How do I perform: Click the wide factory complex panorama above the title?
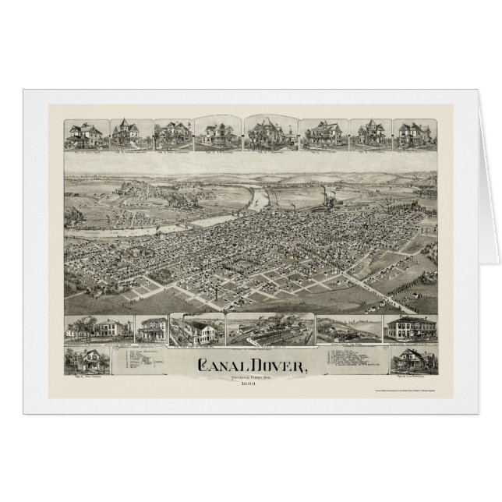269,330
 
